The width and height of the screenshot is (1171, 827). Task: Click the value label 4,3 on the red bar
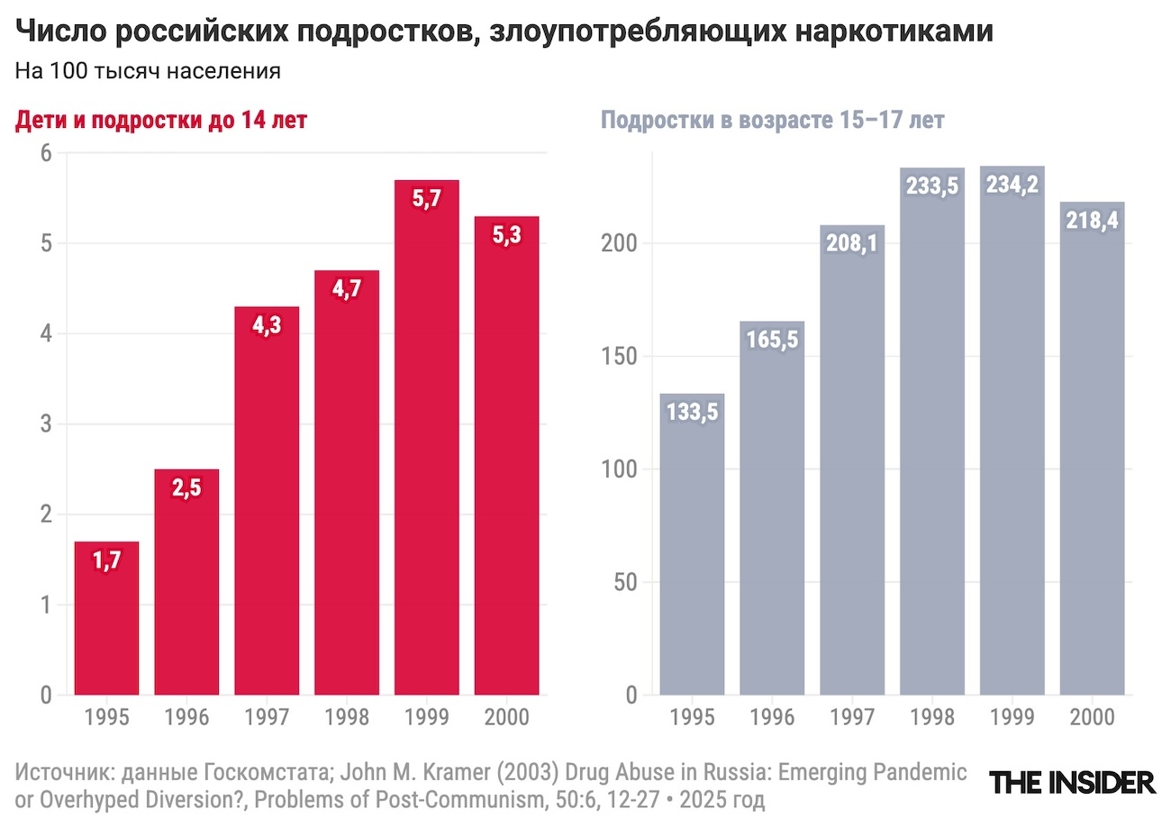click(x=267, y=324)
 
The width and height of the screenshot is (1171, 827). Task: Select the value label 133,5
click(x=692, y=412)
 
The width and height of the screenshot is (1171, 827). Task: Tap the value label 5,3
click(x=506, y=235)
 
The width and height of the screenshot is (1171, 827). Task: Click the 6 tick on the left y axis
click(x=45, y=153)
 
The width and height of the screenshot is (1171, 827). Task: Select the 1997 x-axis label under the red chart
click(x=267, y=718)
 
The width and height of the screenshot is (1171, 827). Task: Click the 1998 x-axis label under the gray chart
click(x=931, y=718)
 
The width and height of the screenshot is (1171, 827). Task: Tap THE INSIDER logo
click(x=1072, y=782)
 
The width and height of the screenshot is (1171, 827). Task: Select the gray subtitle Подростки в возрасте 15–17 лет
click(x=772, y=120)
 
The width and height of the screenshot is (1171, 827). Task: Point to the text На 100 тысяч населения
click(x=148, y=71)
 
